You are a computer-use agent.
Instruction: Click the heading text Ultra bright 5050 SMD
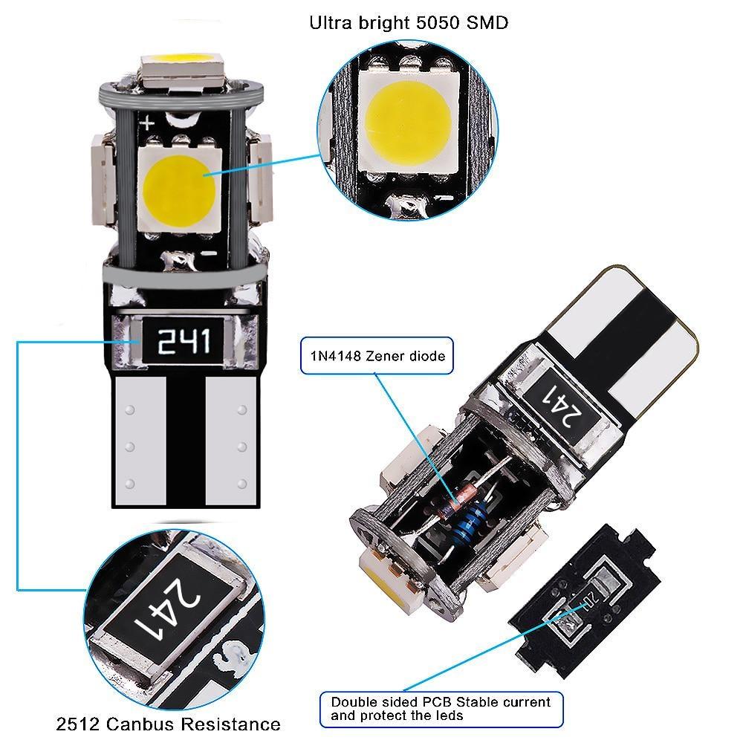408,22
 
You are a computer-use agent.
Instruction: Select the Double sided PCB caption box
441,708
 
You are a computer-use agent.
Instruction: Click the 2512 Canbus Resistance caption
169,724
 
